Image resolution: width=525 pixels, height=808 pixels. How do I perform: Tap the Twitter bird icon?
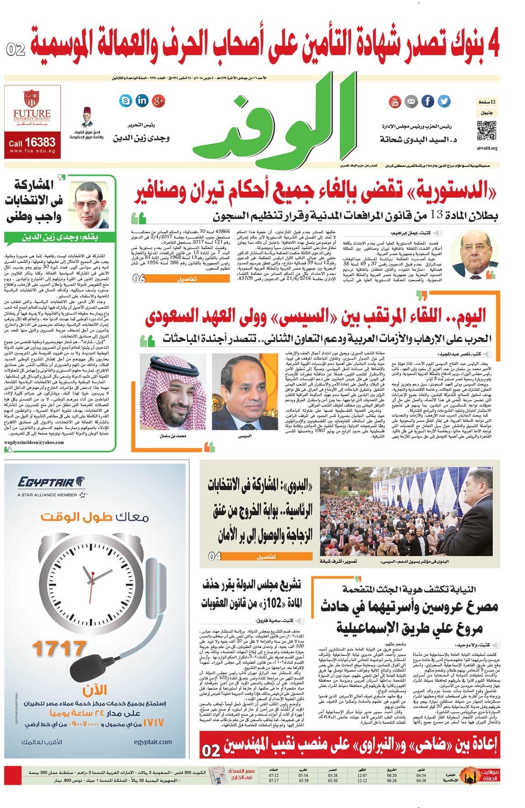coord(444,101)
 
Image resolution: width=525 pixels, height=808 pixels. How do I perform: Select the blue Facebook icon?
coord(427,101)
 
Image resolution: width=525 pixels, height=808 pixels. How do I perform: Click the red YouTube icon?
coord(395,102)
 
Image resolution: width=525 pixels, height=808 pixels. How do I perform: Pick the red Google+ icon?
coord(158,101)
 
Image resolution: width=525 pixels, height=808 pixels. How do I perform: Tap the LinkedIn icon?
coord(142,100)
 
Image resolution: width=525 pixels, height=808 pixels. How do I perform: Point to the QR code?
coord(487,131)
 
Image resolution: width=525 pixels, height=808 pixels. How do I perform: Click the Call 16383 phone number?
coord(32,142)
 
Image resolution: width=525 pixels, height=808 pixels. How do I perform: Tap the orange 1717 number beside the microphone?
coord(59,649)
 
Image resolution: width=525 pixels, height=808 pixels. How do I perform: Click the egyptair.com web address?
coord(153,742)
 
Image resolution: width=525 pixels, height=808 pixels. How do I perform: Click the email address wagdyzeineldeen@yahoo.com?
coord(34,442)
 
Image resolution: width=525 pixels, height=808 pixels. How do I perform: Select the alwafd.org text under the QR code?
coord(487,148)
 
